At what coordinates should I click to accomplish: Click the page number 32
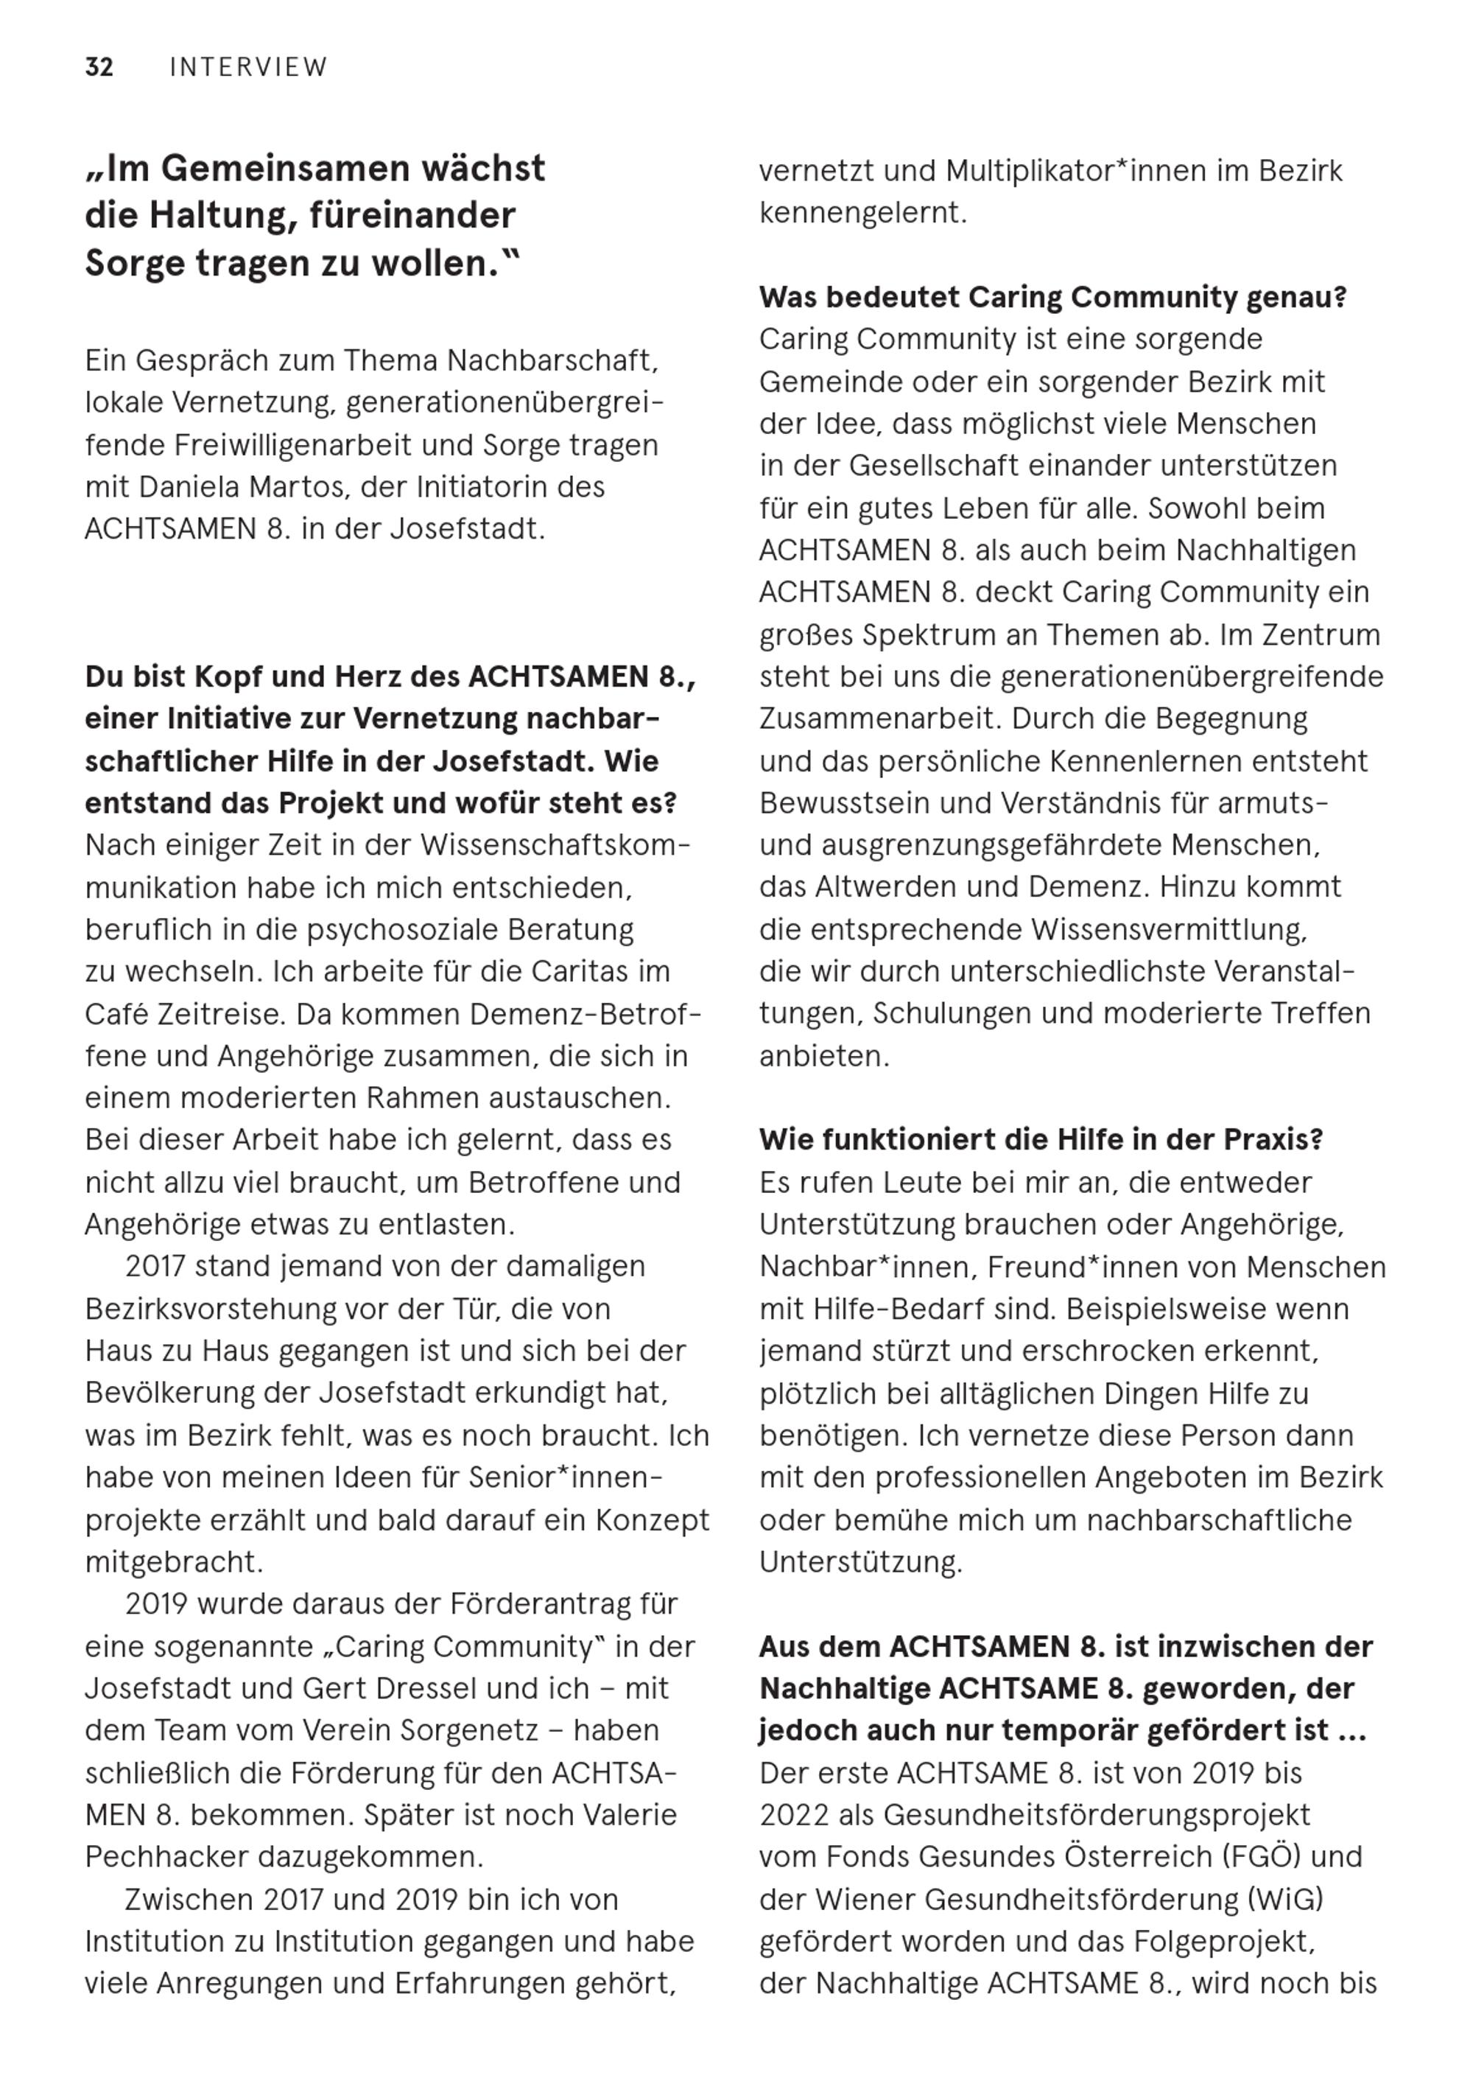point(99,68)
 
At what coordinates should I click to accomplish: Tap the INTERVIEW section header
point(249,68)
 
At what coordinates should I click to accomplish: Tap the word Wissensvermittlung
point(1169,929)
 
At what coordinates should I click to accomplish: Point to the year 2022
point(795,1815)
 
